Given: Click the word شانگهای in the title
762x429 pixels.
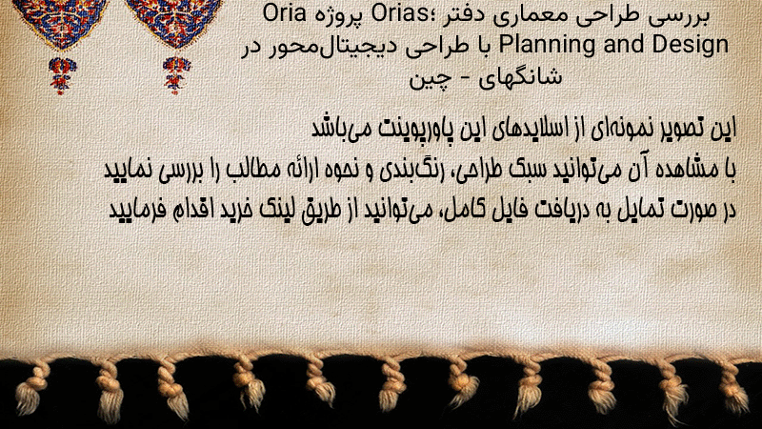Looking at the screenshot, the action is pos(519,76).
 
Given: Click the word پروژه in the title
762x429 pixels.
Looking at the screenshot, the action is pos(341,16).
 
